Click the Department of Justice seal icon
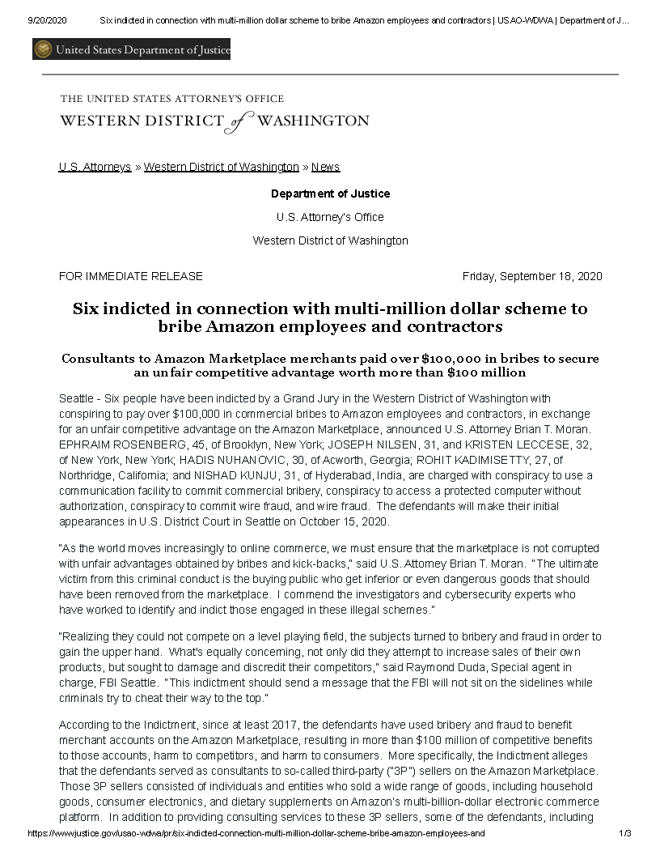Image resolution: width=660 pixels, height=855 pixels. click(x=43, y=50)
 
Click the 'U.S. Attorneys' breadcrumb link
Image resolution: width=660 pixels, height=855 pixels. click(x=95, y=167)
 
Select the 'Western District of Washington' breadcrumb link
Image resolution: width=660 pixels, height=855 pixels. click(x=221, y=167)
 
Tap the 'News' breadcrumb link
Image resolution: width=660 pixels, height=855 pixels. click(x=325, y=167)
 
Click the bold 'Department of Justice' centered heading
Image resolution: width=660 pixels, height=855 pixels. click(x=330, y=194)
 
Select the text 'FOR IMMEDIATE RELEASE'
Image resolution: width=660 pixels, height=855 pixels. click(x=130, y=276)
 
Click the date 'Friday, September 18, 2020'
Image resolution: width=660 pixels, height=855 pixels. click(x=532, y=276)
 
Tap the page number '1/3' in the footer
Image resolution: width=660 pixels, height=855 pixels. click(x=624, y=832)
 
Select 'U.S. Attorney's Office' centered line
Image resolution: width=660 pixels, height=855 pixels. click(x=330, y=217)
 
